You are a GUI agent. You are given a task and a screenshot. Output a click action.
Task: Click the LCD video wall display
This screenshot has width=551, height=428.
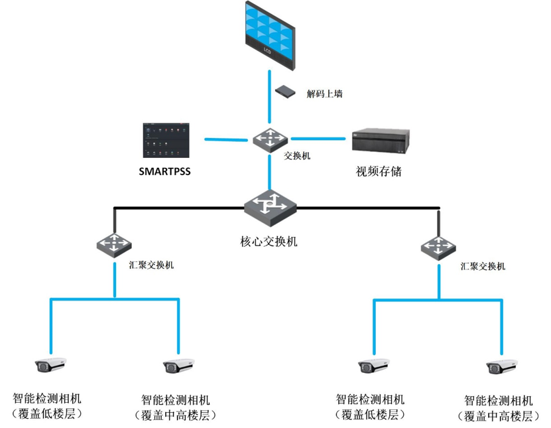click(x=270, y=35)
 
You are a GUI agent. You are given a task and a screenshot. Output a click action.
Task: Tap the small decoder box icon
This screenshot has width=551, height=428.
click(x=285, y=92)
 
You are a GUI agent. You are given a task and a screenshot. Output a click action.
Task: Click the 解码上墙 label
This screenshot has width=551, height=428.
click(x=324, y=94)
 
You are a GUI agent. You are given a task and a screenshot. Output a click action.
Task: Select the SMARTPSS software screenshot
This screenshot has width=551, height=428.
click(x=166, y=140)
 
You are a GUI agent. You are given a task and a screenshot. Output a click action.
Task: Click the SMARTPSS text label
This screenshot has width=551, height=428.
click(x=165, y=171)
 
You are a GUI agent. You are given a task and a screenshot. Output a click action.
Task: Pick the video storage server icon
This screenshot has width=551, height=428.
click(x=381, y=141)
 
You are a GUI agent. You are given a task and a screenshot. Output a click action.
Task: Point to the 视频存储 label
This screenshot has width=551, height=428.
click(x=379, y=171)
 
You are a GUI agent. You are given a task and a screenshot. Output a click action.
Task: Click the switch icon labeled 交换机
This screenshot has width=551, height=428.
click(x=271, y=140)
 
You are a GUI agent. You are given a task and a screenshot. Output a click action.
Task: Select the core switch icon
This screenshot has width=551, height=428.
click(x=271, y=208)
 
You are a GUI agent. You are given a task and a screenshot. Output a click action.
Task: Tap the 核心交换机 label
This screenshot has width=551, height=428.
click(x=269, y=242)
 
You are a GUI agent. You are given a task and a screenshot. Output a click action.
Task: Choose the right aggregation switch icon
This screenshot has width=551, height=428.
click(x=438, y=248)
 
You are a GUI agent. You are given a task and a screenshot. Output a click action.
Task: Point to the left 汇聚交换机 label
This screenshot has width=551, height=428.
click(x=151, y=265)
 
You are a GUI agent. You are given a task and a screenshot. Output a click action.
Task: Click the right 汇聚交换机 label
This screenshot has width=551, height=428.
click(x=483, y=266)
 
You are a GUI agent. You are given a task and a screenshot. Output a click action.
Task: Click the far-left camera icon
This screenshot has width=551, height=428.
click(x=50, y=365)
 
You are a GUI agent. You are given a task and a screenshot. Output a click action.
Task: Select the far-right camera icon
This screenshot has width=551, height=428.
click(x=501, y=367)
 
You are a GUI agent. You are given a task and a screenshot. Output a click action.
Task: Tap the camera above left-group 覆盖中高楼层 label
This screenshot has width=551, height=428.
click(x=178, y=366)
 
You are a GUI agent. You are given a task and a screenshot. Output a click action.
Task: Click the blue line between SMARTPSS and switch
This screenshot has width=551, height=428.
click(x=226, y=139)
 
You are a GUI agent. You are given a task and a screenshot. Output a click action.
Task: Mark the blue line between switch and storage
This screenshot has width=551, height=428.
click(x=318, y=139)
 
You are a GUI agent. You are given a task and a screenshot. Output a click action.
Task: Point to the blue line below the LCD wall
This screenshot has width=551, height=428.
click(x=269, y=97)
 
